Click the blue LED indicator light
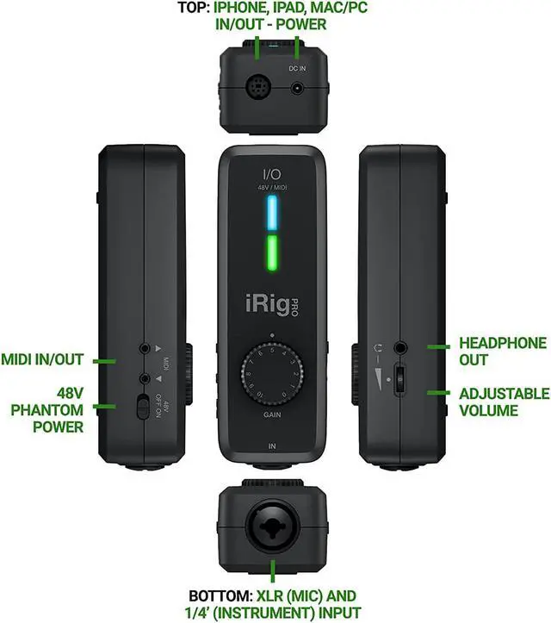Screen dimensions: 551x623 point(273,209)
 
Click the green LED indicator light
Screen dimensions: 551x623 point(273,252)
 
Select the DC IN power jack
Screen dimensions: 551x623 point(298,87)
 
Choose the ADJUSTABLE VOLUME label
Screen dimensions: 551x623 point(504,402)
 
